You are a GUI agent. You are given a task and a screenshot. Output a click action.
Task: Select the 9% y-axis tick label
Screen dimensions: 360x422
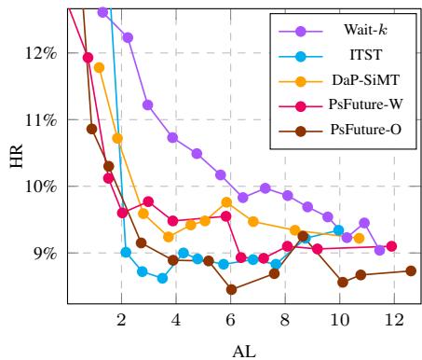(40, 254)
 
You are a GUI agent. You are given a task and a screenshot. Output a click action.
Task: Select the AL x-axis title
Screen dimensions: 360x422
(241, 349)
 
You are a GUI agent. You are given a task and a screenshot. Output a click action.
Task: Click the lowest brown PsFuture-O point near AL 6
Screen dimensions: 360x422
(231, 290)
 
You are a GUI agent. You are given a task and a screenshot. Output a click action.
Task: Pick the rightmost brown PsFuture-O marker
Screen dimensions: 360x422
(411, 270)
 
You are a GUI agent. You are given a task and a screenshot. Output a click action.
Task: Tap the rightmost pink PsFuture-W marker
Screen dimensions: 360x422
(391, 246)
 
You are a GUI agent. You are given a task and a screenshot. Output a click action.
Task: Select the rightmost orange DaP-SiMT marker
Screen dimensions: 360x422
(360, 238)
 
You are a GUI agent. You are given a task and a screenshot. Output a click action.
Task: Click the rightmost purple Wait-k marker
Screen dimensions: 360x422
(379, 250)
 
